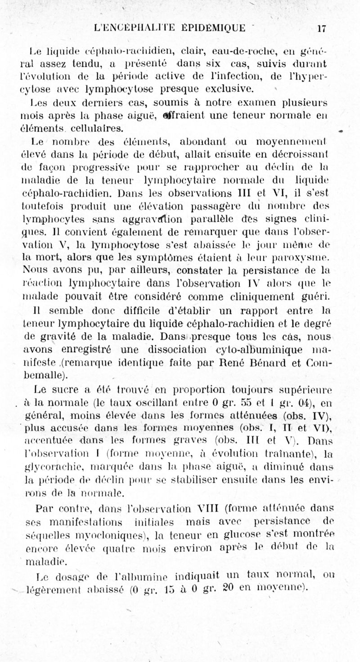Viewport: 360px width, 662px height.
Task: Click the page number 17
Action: (x=321, y=28)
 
